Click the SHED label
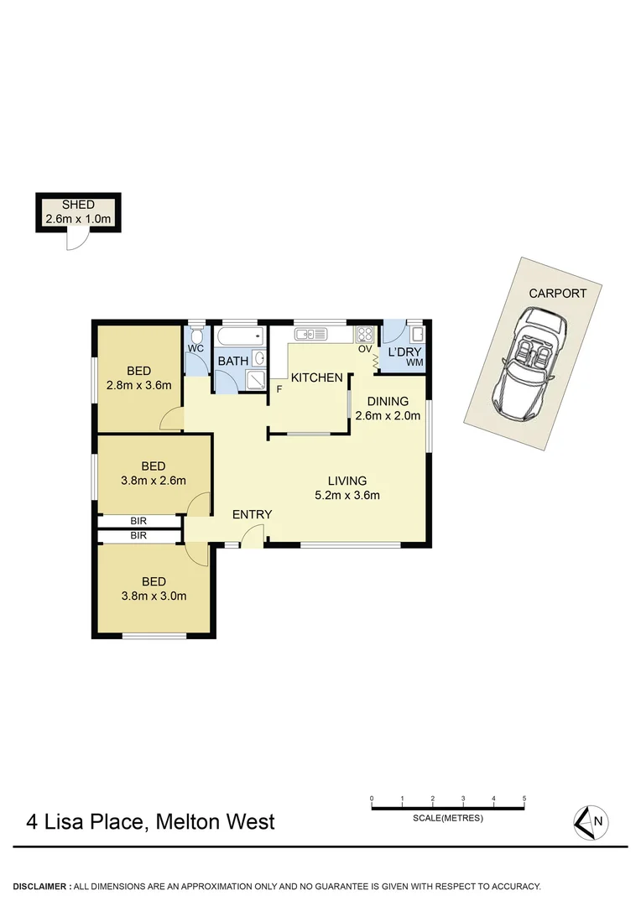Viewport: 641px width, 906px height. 78,205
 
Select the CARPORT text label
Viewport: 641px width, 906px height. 557,294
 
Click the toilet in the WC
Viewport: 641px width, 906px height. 195,334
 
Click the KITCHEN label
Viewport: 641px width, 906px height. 316,377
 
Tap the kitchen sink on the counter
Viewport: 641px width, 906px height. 310,335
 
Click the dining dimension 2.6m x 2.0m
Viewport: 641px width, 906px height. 388,415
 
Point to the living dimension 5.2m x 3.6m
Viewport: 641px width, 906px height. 347,495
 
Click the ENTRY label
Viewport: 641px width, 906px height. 252,514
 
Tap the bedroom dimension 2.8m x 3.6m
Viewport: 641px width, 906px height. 139,386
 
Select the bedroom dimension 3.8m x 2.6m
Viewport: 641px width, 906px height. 153,481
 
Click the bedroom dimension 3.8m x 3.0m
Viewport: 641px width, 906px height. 153,596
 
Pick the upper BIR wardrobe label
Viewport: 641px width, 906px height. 139,521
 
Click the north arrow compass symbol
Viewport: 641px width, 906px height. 591,821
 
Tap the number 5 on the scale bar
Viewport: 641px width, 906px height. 524,799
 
